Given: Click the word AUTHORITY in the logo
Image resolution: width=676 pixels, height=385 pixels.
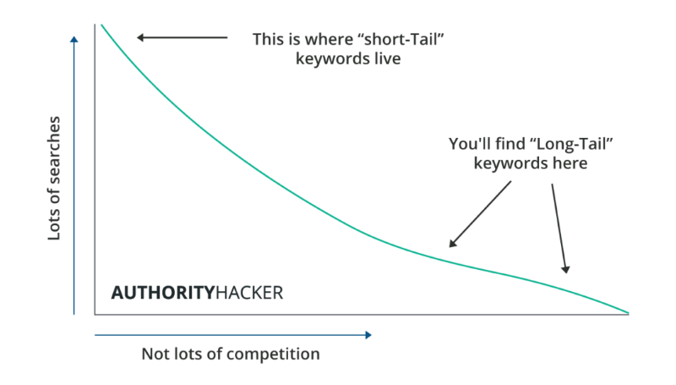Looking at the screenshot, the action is click(x=163, y=293).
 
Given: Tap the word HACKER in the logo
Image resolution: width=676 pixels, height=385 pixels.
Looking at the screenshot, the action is click(x=249, y=293).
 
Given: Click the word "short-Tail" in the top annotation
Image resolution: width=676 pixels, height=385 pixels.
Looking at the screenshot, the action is click(x=400, y=39).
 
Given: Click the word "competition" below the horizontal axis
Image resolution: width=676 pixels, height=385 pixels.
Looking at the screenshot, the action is click(x=273, y=355).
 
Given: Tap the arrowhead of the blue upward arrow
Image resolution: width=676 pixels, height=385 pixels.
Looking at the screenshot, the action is click(x=74, y=39).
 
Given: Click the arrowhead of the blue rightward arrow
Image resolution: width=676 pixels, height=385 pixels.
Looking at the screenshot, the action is click(x=368, y=335).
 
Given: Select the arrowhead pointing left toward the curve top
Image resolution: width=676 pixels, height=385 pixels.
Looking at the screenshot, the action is click(x=140, y=37).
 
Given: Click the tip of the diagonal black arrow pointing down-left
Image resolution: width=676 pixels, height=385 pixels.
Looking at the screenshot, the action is click(x=450, y=247).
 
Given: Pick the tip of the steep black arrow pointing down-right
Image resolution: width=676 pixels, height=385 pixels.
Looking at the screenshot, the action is click(x=566, y=273).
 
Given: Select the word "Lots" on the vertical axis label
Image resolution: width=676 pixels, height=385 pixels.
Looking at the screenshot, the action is click(x=54, y=224).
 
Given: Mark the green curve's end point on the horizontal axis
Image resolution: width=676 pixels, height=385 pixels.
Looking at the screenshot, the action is click(x=628, y=313).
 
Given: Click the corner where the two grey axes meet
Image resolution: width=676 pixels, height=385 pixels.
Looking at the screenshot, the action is click(x=95, y=314).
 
